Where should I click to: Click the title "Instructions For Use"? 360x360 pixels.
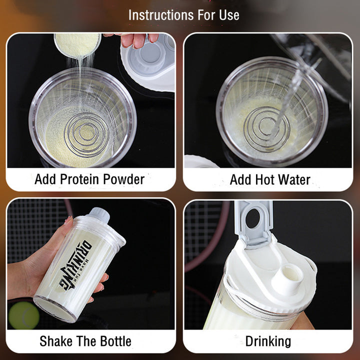tap(183, 15)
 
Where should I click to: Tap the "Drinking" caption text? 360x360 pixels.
tap(268, 341)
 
